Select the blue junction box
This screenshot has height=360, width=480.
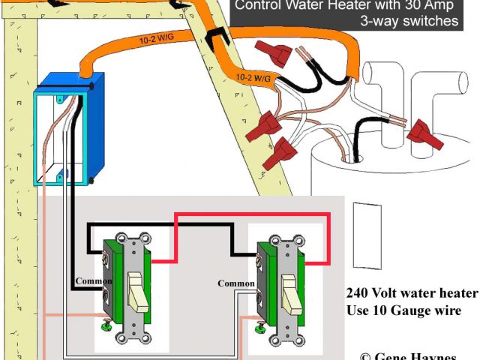[64, 127]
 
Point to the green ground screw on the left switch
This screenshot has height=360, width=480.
[107, 325]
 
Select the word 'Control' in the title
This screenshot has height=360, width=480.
[259, 5]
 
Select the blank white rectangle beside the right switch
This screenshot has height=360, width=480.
[364, 234]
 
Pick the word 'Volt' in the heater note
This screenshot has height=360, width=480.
[385, 293]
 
